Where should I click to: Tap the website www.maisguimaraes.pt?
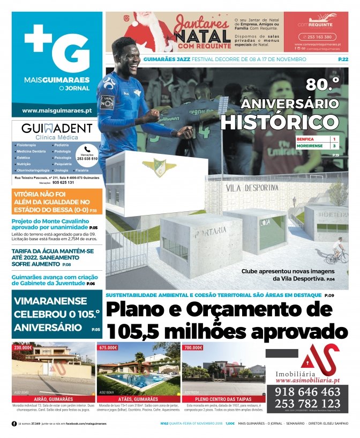tap(57, 110)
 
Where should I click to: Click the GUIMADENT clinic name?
tap(57, 129)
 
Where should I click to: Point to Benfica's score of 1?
tap(334, 139)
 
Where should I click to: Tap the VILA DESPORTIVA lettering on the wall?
tap(252, 188)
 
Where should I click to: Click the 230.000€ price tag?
tap(23, 347)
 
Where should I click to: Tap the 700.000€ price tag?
tap(193, 347)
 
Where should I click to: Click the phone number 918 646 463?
tap(307, 392)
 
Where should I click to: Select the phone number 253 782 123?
tap(307, 404)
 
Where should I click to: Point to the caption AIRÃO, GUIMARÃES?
tap(53, 399)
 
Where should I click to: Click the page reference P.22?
tap(343, 59)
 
